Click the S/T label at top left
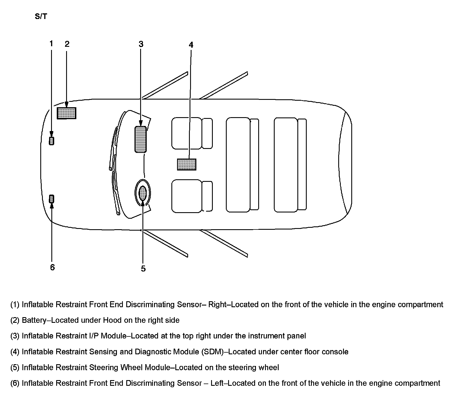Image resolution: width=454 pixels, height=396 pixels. point(41,16)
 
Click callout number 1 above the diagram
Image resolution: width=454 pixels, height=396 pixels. point(51,44)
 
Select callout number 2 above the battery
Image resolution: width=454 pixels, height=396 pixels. point(67,44)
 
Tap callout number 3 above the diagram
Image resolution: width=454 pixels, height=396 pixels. point(141,44)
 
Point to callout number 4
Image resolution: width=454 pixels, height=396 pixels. point(191,45)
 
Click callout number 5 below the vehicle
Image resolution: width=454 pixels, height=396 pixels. point(143,268)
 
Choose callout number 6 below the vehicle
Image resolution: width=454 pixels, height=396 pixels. point(52,267)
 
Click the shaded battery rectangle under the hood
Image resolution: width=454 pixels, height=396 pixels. point(66,113)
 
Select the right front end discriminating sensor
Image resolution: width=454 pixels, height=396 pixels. point(51,141)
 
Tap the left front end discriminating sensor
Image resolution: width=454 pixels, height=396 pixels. point(51,199)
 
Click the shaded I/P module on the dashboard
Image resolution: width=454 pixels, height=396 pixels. point(140,140)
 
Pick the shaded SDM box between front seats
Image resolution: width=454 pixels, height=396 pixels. point(186,164)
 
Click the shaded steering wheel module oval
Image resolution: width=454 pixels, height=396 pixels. point(143,193)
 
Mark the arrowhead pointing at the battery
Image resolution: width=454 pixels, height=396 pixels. point(66,105)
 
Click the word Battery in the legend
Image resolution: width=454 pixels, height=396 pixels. point(34,320)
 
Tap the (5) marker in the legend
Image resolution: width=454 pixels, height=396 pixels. point(15,368)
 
